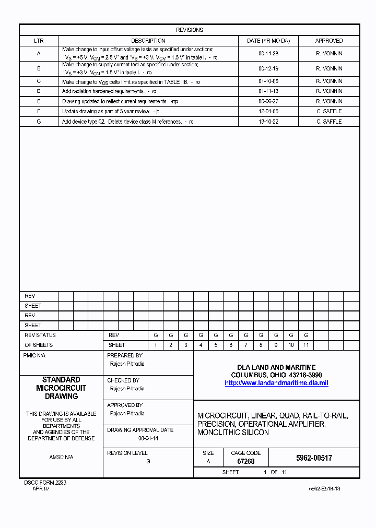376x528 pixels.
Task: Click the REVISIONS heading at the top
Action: pos(189,30)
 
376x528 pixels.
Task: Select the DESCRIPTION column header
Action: pos(148,41)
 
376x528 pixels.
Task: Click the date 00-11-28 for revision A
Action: pos(268,53)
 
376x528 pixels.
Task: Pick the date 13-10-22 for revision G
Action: pos(268,122)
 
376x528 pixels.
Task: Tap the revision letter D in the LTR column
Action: pos(39,91)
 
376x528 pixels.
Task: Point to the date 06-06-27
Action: pos(268,101)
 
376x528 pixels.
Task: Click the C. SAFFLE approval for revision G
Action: pos(328,122)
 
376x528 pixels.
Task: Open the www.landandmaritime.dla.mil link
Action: pos(276,383)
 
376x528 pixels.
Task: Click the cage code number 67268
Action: pos(245,462)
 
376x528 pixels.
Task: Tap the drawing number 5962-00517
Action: pos(314,458)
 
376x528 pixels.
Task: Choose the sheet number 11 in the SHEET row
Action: pos(306,345)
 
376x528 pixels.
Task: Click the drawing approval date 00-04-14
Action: pos(148,439)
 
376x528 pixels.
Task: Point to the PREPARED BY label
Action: pos(124,355)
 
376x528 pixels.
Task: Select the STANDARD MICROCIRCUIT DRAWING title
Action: pos(61,388)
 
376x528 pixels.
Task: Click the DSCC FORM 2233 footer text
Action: pos(45,483)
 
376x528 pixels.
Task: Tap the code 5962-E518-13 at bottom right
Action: pos(324,489)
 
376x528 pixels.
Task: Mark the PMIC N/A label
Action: pos(34,355)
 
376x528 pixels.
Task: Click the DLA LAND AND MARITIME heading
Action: pos(276,367)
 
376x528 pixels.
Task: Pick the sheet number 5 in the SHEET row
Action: pos(216,345)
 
